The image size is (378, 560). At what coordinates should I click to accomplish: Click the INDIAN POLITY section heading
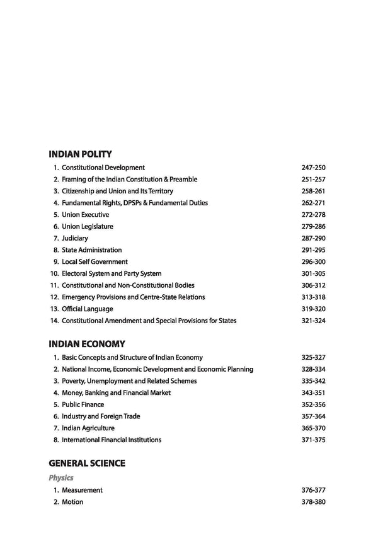click(x=80, y=154)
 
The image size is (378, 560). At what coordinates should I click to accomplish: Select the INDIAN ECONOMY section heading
click(x=87, y=344)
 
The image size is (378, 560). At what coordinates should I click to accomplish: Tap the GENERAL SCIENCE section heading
click(x=87, y=463)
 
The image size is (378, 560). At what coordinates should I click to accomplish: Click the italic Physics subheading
click(x=61, y=478)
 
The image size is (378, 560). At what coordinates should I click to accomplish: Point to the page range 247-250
click(x=313, y=168)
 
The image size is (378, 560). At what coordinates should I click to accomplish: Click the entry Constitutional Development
click(x=103, y=168)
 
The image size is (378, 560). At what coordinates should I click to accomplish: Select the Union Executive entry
click(x=85, y=215)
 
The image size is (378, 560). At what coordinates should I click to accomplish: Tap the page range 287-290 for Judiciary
click(x=313, y=239)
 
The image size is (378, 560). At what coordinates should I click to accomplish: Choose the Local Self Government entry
click(x=94, y=262)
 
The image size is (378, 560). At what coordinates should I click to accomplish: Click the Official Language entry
click(x=88, y=309)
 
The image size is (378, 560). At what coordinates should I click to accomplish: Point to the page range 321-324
click(x=313, y=321)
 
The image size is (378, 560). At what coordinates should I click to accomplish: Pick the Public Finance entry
click(x=83, y=404)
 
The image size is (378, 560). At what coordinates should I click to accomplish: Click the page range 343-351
click(x=313, y=392)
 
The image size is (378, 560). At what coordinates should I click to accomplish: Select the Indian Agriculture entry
click(x=88, y=428)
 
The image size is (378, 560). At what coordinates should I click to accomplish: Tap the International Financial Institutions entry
click(x=112, y=440)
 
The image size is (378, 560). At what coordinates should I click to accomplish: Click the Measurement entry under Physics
click(x=82, y=490)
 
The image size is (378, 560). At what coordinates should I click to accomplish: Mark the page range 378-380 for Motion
click(x=313, y=502)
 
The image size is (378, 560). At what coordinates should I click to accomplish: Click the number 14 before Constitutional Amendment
click(x=54, y=321)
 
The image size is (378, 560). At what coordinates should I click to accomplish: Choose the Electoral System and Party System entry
click(x=112, y=274)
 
